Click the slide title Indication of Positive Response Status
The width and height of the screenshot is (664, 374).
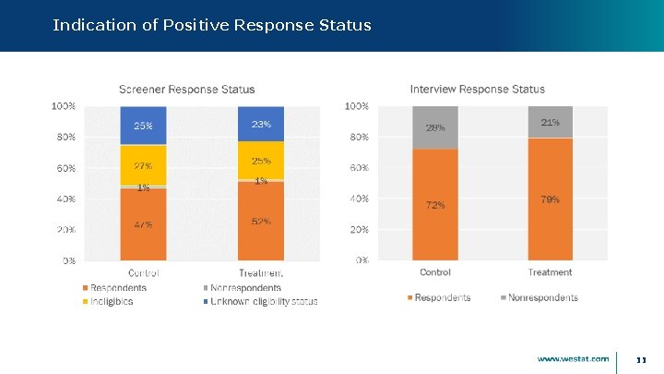tap(212, 25)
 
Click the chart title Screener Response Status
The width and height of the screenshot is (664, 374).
tap(186, 90)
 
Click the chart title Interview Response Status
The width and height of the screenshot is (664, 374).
tap(477, 90)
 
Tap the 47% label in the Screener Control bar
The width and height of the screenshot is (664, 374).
tap(143, 224)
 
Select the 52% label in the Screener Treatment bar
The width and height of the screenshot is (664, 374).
tap(261, 222)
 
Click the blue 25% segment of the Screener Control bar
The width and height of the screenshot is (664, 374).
tap(143, 126)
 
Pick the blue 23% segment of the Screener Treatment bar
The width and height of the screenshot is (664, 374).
tap(261, 124)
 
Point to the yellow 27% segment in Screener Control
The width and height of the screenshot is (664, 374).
tap(143, 166)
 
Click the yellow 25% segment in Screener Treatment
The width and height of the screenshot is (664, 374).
tap(261, 161)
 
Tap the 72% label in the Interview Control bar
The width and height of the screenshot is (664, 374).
tap(435, 205)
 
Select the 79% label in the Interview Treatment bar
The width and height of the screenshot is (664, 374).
tap(551, 199)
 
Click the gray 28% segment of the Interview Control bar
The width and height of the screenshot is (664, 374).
tap(435, 127)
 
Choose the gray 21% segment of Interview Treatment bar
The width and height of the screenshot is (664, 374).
tap(551, 122)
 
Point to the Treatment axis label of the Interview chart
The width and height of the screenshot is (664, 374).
tap(551, 272)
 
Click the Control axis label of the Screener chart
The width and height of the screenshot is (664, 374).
tap(143, 273)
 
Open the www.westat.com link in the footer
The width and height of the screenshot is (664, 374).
tap(573, 358)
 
